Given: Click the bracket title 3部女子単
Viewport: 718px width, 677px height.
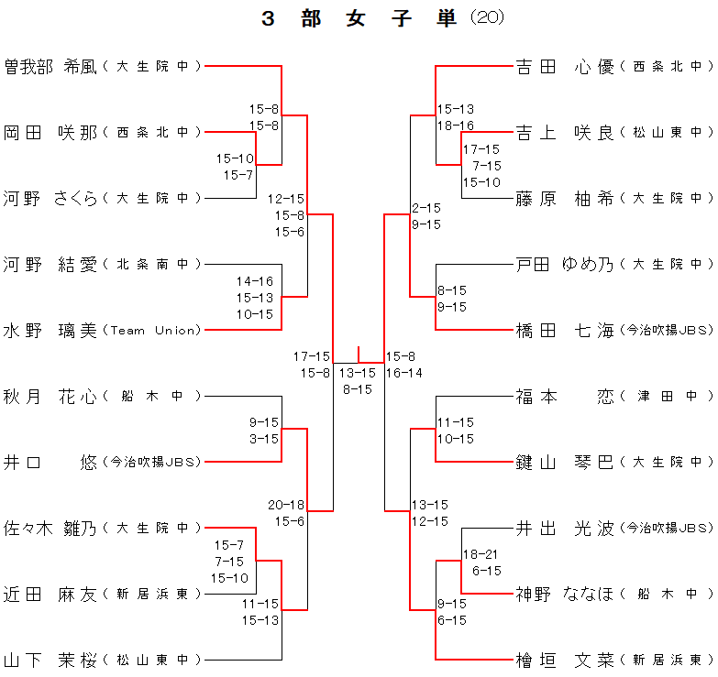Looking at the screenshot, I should click(x=359, y=18).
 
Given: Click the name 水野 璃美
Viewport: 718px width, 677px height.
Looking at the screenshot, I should click(x=50, y=330).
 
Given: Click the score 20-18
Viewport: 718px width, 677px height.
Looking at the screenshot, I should click(x=286, y=505).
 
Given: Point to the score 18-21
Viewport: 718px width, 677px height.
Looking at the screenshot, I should click(x=481, y=554).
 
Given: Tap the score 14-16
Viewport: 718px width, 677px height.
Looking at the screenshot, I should click(x=255, y=281).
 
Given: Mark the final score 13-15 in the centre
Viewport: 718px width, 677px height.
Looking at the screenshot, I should click(x=358, y=373).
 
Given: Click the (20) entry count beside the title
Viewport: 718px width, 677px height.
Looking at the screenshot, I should click(x=487, y=17).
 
